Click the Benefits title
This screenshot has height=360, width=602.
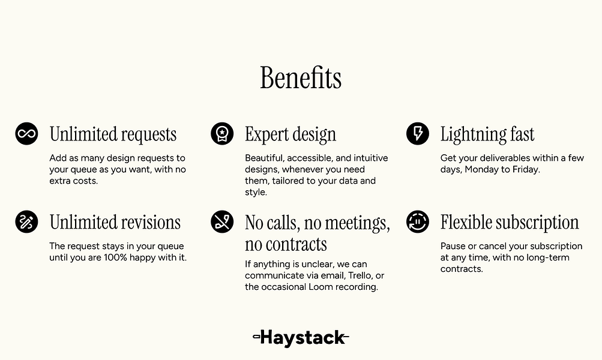(x=301, y=78)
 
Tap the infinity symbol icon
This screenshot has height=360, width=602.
(x=26, y=133)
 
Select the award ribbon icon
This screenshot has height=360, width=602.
(x=222, y=133)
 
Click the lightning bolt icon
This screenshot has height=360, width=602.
(x=418, y=133)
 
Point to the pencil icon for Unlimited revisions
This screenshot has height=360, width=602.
(x=26, y=221)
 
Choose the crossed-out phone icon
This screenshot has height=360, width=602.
(x=222, y=221)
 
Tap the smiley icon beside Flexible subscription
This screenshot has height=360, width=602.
(x=418, y=221)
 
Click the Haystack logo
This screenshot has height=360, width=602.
(x=301, y=337)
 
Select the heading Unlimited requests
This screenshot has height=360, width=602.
(x=113, y=134)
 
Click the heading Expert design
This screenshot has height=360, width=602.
(x=290, y=134)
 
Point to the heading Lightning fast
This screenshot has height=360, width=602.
(x=487, y=134)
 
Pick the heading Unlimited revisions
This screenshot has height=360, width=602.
(x=115, y=223)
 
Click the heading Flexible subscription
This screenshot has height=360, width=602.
(x=510, y=223)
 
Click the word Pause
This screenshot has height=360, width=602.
(x=453, y=246)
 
